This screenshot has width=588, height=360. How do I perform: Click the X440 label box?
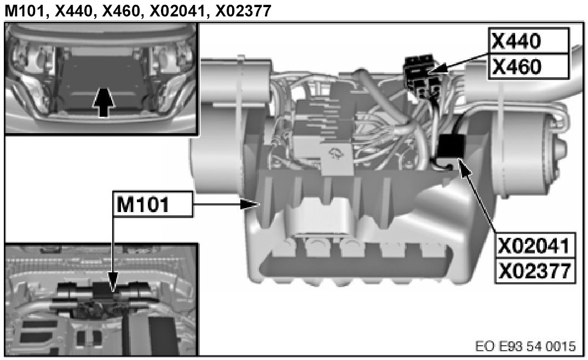pos(528,41)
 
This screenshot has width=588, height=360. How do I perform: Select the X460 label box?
pos(528,66)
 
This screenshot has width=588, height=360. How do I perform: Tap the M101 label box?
pos(153,204)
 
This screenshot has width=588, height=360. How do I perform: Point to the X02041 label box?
pos(535,245)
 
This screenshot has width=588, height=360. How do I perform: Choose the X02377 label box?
pos(535,271)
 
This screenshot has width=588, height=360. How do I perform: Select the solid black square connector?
pos(452,146)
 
